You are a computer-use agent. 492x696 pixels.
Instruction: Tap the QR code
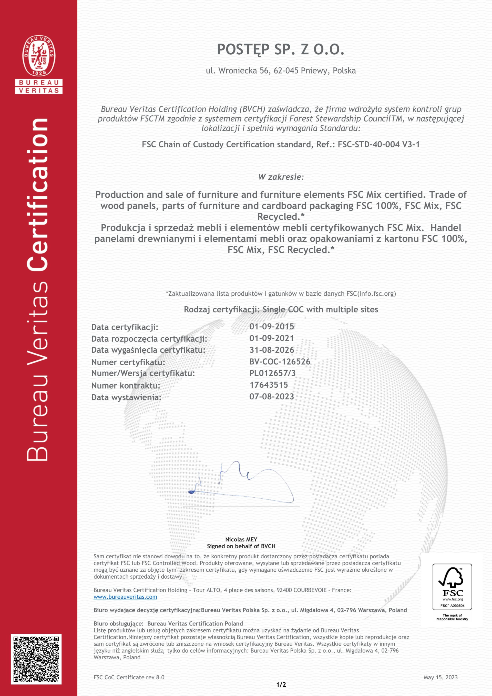point(36,659)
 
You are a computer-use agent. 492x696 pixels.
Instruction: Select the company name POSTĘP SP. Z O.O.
point(281,49)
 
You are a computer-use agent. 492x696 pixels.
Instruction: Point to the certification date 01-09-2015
point(271,327)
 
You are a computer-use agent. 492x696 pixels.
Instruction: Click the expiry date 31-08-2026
point(271,350)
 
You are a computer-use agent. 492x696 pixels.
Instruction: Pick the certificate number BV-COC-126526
point(280,362)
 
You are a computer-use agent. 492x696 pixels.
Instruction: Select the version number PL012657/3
point(272,373)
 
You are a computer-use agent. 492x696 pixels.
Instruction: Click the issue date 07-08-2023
point(271,397)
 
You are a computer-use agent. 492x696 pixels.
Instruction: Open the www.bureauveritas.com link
point(125,597)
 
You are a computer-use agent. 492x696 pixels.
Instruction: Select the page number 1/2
point(281,684)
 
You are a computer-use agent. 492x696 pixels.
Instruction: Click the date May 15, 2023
point(440,677)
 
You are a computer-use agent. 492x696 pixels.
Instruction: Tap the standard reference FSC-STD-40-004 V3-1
point(379,145)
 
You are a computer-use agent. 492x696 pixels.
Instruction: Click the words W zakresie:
point(281,177)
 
